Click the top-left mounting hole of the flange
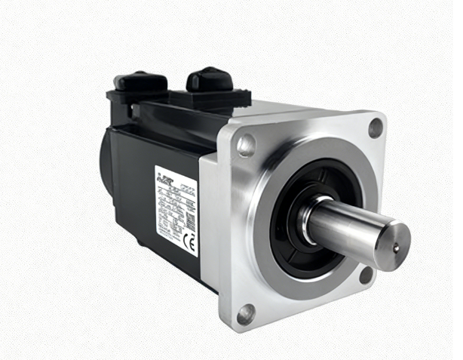[246, 145]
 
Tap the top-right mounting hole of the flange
[375, 128]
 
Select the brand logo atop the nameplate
[165, 178]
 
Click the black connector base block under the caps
[181, 100]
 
